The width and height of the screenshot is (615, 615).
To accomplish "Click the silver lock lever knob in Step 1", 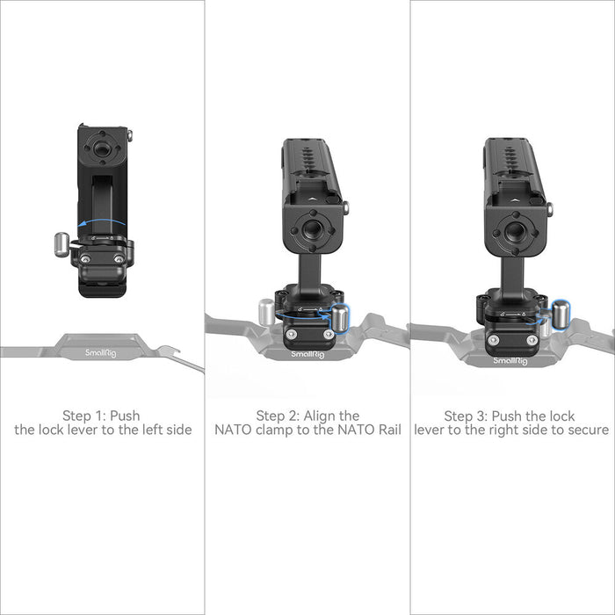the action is [61, 244].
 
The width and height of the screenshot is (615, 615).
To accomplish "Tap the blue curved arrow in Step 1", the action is [101, 221].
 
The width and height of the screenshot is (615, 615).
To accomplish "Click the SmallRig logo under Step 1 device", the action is [101, 353].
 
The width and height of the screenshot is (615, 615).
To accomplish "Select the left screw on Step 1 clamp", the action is [84, 259].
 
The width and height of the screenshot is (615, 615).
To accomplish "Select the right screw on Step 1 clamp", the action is [119, 259].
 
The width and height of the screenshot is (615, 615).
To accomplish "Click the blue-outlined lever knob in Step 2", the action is [340, 318].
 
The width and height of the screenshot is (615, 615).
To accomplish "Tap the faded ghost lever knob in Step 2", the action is [266, 312].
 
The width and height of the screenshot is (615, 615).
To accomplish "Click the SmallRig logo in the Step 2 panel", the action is [307, 355].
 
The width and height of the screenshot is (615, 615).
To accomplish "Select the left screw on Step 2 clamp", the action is [291, 334].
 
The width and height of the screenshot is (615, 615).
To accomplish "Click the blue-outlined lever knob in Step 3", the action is [561, 314].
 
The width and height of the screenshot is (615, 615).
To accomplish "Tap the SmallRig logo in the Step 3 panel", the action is [510, 361].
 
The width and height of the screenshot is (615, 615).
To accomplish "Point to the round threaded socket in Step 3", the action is [515, 231].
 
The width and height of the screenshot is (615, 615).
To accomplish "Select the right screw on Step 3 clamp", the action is [532, 340].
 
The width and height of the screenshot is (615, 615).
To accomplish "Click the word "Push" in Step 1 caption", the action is [125, 416].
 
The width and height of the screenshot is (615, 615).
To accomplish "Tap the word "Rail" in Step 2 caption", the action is [390, 430].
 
